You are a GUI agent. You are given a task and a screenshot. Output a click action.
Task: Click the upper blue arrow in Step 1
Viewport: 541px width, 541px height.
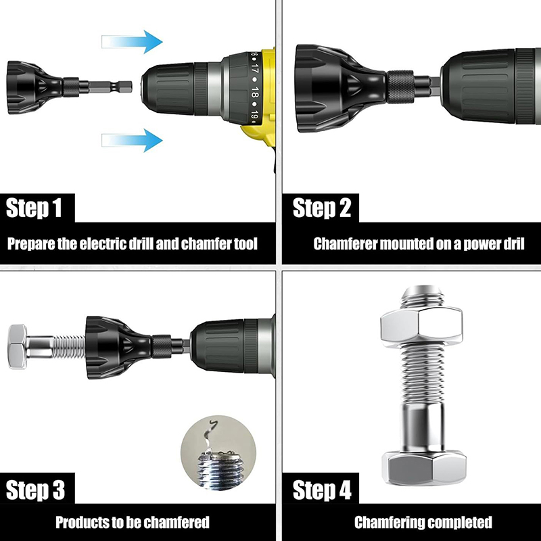click(132, 42)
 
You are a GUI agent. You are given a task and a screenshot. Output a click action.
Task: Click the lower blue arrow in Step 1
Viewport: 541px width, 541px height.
click(132, 140)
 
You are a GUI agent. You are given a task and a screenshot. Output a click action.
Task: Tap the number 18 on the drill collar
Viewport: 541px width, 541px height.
click(255, 92)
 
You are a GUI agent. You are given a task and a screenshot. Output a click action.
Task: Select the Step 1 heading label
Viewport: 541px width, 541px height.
click(34, 208)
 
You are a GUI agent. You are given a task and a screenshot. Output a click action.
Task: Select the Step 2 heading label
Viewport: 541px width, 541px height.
click(322, 208)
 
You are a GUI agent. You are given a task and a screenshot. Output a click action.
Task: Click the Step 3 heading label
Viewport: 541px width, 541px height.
click(35, 490)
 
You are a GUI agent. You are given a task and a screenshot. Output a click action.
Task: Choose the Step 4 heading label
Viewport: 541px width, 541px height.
click(322, 490)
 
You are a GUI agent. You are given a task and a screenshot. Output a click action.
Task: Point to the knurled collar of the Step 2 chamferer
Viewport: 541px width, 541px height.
click(400, 87)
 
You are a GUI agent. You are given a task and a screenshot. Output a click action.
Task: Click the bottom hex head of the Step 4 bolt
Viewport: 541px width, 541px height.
click(424, 467)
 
